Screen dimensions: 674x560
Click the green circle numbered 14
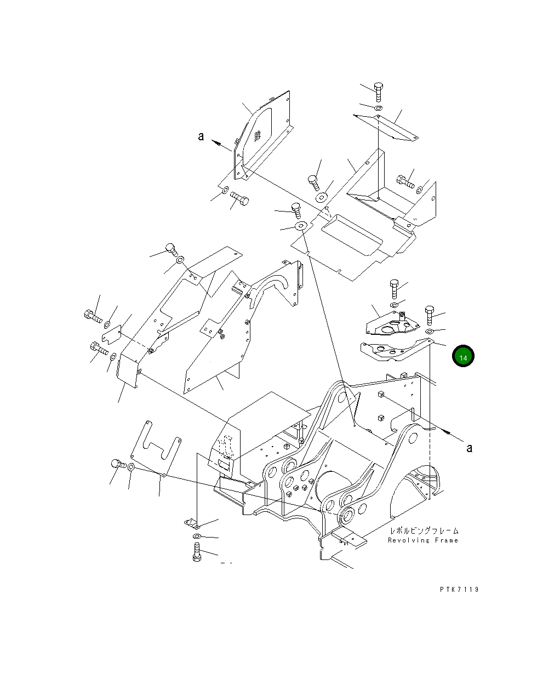463,357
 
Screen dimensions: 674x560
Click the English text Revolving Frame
422,540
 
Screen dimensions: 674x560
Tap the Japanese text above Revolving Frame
424,530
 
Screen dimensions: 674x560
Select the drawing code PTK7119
459,590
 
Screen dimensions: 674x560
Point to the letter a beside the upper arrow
201,136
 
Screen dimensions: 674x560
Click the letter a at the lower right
469,448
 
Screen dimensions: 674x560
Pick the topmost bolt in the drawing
378,91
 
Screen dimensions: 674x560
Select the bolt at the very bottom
197,552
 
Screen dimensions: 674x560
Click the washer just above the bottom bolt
197,535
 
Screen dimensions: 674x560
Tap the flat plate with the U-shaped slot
157,447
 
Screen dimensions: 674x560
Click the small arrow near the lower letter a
447,433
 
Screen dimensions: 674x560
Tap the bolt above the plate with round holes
394,287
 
